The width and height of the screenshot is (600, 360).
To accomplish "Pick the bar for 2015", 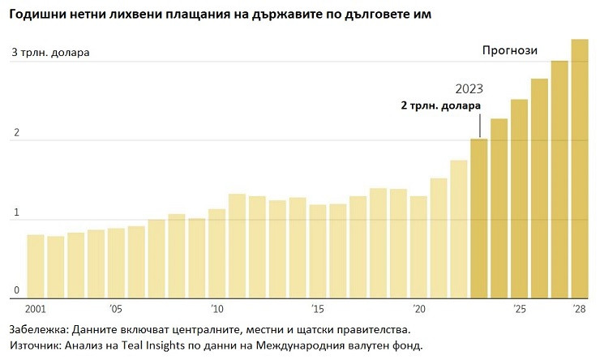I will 318,251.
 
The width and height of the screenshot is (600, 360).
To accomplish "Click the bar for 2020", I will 418,246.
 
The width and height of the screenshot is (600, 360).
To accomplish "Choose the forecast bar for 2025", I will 520,198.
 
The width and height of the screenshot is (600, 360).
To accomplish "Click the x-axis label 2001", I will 35,309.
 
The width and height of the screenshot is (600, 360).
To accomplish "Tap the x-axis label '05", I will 116,309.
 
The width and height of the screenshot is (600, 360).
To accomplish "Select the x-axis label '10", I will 216,309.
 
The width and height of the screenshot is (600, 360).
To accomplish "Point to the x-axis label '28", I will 580,309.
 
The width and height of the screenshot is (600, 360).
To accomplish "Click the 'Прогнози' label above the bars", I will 510,50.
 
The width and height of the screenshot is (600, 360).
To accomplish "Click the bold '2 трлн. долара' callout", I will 441,105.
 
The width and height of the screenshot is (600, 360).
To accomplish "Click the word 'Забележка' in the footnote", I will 41,330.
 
